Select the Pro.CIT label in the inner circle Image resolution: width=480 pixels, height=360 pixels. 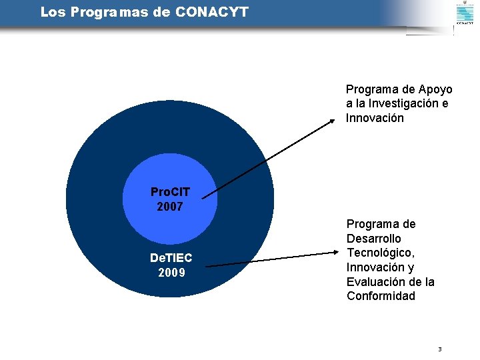coord(170,192)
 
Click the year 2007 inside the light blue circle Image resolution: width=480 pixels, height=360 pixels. coord(170,207)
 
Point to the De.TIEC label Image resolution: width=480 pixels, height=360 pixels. coord(171,258)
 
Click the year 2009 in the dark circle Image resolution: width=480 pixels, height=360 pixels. coord(171,273)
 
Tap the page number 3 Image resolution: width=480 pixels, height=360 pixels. coord(439,349)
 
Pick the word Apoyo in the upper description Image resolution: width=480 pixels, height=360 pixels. coord(436,89)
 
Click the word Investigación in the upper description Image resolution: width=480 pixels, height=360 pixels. coord(407,103)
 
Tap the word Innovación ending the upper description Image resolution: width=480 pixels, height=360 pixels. coord(375,118)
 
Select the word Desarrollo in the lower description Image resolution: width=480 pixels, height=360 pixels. coord(374,239)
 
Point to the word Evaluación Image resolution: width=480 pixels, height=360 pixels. coord(375,282)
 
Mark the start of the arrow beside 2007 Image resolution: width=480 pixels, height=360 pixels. coord(203,197)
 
